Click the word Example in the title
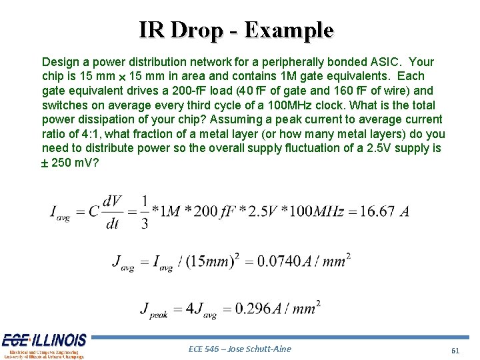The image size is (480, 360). point(289,30)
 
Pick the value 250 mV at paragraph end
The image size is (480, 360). point(75,163)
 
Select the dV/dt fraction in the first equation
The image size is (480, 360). point(112,212)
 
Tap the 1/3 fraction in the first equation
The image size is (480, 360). point(145,212)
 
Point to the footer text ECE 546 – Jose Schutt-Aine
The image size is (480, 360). point(240,349)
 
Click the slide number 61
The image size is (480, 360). point(455,351)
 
